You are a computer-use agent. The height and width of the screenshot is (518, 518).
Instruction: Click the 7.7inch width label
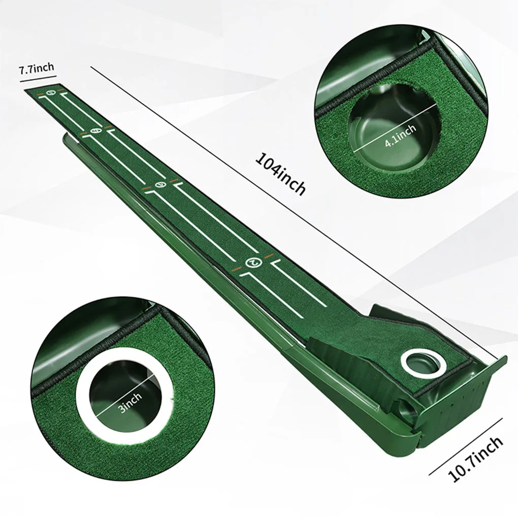pos(37,70)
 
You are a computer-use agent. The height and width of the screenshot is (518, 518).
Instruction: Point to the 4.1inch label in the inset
pos(401,137)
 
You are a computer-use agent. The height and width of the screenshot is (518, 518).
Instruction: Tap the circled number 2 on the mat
pos(252,262)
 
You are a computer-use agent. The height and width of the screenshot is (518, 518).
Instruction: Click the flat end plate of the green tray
pos(472,396)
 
